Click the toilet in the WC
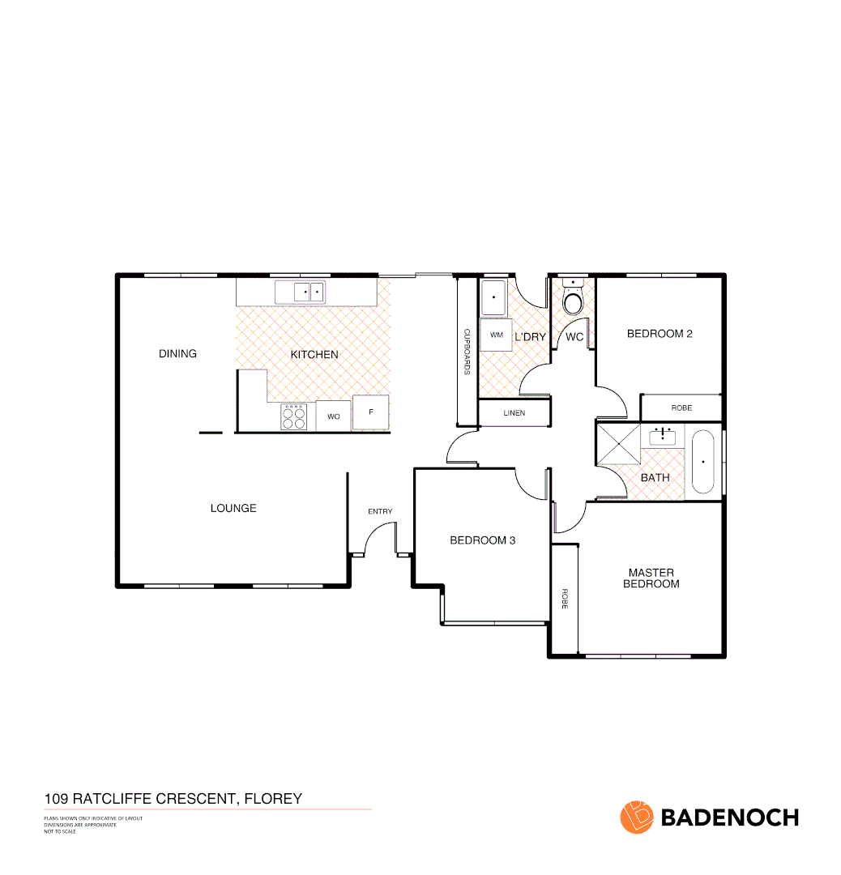tap(574, 301)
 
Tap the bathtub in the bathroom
tap(702, 462)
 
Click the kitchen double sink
tap(309, 291)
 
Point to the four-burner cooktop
tap(293, 416)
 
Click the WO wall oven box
tap(333, 416)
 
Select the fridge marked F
tap(370, 413)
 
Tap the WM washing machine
tap(496, 335)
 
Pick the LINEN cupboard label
tap(514, 413)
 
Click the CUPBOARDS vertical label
tap(467, 352)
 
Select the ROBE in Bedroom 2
tap(681, 408)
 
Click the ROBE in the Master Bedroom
tap(564, 599)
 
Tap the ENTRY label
tap(380, 511)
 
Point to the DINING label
tap(177, 354)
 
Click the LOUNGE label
tap(233, 508)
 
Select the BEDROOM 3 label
tap(483, 540)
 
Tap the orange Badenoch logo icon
tap(636, 817)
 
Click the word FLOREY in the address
tap(272, 799)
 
